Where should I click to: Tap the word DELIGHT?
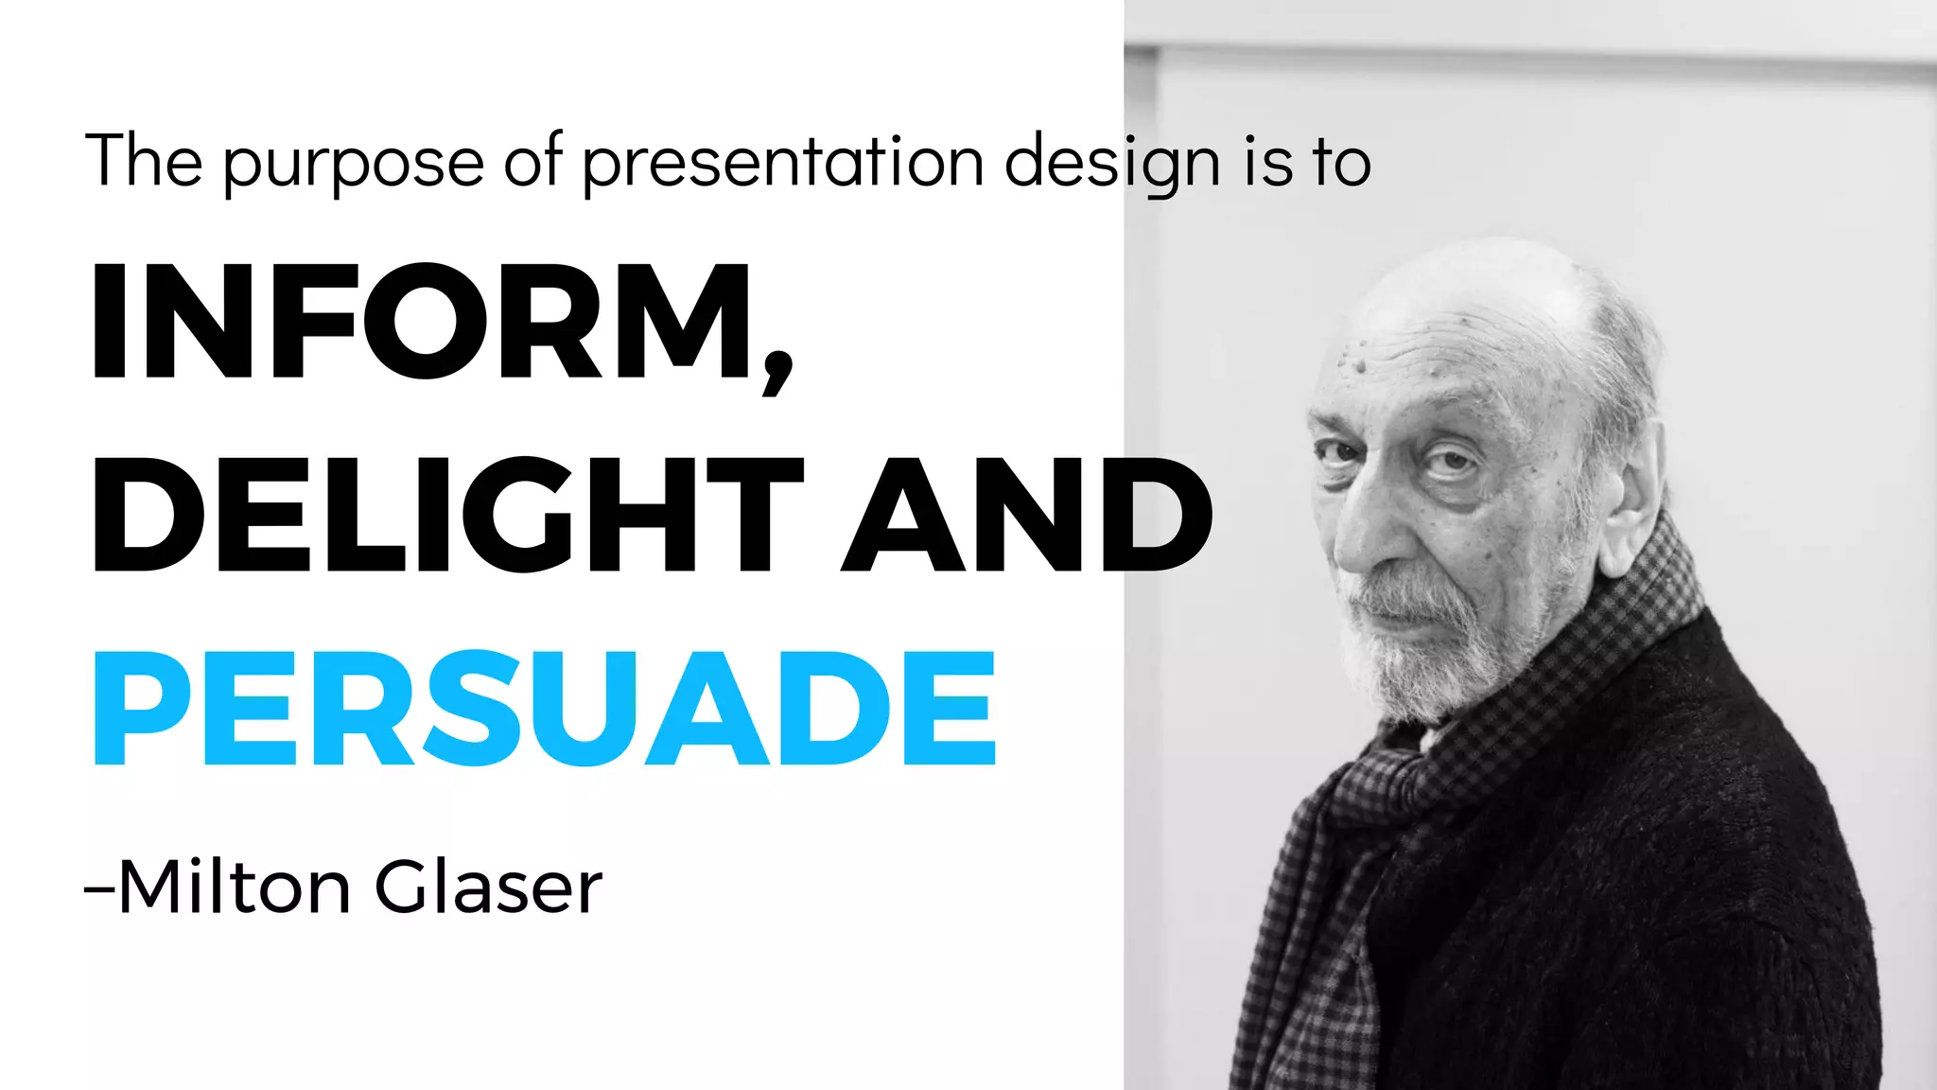[445, 516]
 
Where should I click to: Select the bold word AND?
[1026, 516]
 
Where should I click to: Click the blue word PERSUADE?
[544, 708]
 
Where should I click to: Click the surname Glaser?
[488, 888]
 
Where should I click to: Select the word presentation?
[784, 163]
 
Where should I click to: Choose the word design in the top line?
[1112, 163]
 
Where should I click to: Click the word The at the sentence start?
[144, 161]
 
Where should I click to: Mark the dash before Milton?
[99, 889]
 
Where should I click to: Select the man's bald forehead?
[1447, 322]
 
